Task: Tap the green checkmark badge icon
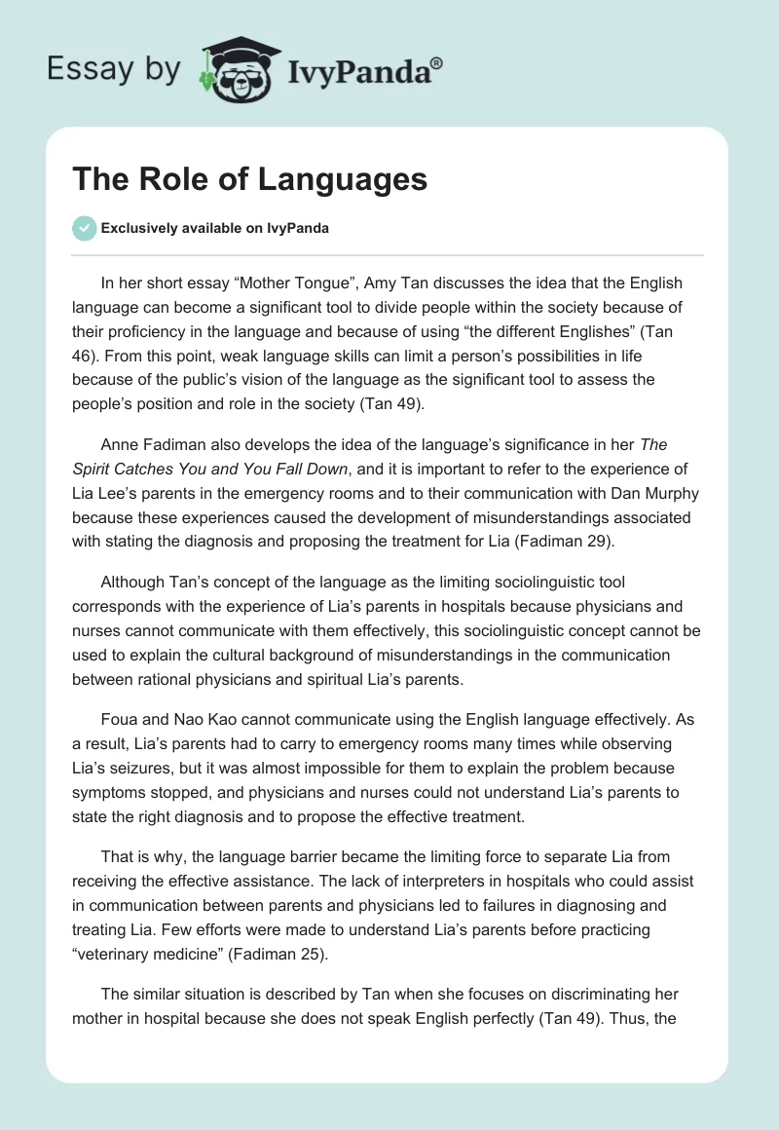[84, 228]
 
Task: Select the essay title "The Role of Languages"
[250, 179]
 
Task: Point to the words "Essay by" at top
[113, 69]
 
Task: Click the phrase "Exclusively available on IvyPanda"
[215, 228]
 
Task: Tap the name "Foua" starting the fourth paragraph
[120, 722]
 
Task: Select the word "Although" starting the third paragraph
[133, 584]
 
